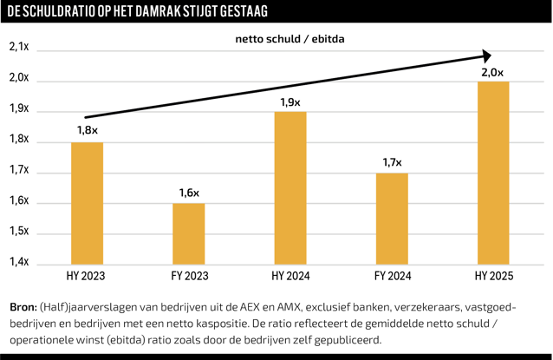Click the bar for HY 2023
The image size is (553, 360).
pyautogui.click(x=87, y=202)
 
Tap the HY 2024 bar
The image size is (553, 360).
pyautogui.click(x=290, y=187)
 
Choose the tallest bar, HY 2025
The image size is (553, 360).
pyautogui.click(x=492, y=172)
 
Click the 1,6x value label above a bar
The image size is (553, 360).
pyautogui.click(x=189, y=192)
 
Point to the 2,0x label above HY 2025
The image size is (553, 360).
pyautogui.click(x=492, y=71)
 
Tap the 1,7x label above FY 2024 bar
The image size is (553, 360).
pyautogui.click(x=392, y=161)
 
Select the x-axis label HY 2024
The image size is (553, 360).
pyautogui.click(x=290, y=277)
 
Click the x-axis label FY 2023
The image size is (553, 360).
pyautogui.click(x=188, y=277)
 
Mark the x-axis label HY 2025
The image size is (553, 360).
pyautogui.click(x=492, y=277)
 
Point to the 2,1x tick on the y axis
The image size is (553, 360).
pyautogui.click(x=20, y=49)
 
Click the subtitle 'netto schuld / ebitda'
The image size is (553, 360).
pyautogui.click(x=284, y=39)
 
